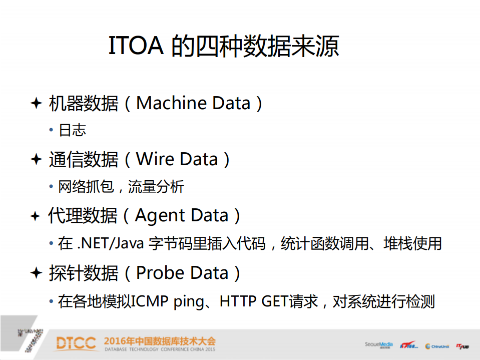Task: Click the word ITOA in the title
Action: pos(137,47)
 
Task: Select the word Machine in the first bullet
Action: pos(172,103)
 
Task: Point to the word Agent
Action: pos(158,216)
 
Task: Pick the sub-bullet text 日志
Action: pos(73,130)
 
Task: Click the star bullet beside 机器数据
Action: pos(36,103)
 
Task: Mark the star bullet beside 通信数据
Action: pos(36,160)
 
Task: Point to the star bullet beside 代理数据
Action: pos(36,216)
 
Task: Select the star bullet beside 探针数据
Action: pos(36,273)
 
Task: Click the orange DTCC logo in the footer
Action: pos(76,343)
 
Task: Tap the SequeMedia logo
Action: pos(379,345)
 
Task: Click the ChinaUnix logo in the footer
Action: pos(437,346)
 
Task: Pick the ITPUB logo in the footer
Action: pos(462,345)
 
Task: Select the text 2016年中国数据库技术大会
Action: pos(160,341)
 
